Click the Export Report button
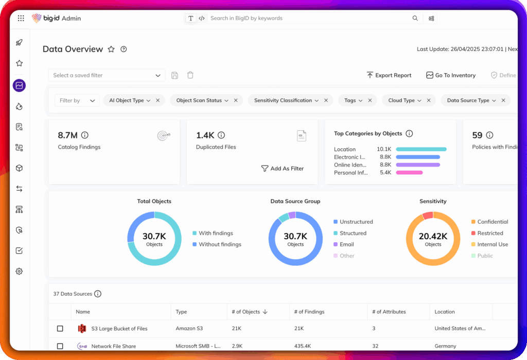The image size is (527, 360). pyautogui.click(x=389, y=75)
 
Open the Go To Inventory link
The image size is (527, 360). pyautogui.click(x=451, y=75)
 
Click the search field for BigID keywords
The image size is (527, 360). pyautogui.click(x=309, y=18)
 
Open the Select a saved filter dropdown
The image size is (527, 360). pyautogui.click(x=107, y=75)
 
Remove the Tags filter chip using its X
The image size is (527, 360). pyautogui.click(x=370, y=100)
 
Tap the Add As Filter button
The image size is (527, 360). pyautogui.click(x=283, y=168)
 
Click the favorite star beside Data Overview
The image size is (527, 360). pyautogui.click(x=111, y=49)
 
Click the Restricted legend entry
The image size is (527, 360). pyautogui.click(x=490, y=233)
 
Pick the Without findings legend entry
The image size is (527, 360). pyautogui.click(x=220, y=244)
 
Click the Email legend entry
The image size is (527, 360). pyautogui.click(x=346, y=244)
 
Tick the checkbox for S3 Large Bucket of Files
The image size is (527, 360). pyautogui.click(x=60, y=328)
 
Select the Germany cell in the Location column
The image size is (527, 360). pyautogui.click(x=445, y=346)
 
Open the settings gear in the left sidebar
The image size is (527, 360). pyautogui.click(x=19, y=271)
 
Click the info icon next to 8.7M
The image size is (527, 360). pyautogui.click(x=85, y=135)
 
